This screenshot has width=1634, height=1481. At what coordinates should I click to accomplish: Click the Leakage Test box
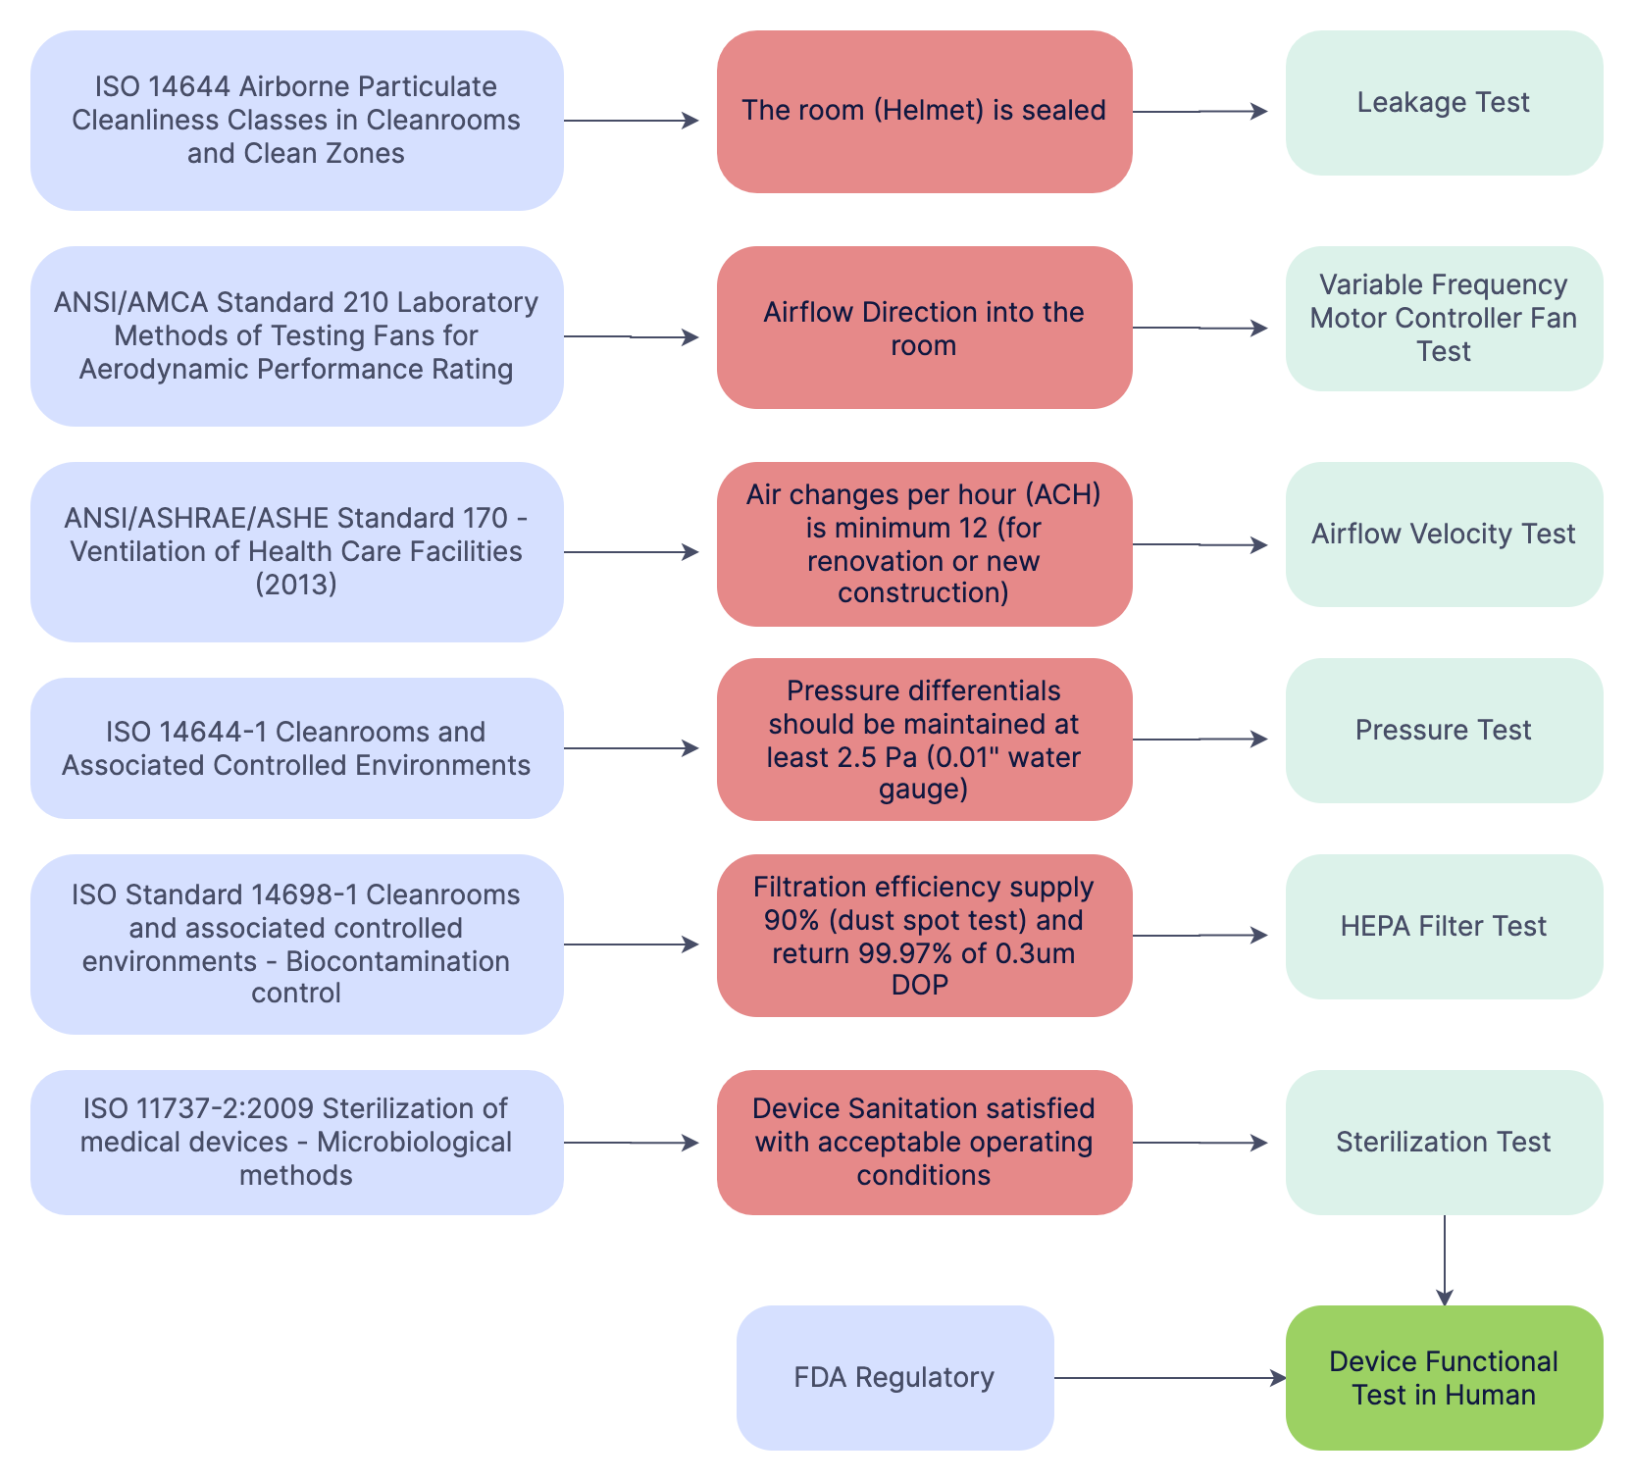1444,103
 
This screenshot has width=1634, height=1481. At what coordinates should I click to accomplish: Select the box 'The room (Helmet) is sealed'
924,112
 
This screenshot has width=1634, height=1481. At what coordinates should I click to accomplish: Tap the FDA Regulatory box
894,1378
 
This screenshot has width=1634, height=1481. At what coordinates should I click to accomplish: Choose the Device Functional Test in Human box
1444,1378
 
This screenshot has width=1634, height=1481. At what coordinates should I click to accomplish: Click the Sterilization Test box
1444,1143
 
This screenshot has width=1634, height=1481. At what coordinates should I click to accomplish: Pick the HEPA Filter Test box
1444,927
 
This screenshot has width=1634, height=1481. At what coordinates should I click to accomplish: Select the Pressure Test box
1444,731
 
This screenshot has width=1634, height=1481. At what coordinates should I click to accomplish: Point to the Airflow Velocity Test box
1444,535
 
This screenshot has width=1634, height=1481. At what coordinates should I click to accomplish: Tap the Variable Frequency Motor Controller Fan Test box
1444,319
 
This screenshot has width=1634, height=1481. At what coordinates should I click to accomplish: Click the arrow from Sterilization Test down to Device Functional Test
1445,1260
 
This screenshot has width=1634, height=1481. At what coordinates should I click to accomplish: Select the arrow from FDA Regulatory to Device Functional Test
1170,1378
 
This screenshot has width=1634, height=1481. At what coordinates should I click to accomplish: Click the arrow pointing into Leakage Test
1200,112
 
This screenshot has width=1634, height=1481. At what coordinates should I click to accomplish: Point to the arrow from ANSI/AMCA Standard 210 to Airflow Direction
632,336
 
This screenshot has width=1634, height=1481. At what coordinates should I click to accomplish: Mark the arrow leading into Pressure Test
1200,740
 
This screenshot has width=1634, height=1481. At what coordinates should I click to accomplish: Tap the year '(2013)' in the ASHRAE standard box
296,585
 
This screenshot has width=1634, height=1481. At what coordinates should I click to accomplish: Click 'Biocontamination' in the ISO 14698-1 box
397,961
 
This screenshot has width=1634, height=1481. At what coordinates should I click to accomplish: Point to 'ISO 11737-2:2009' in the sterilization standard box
198,1108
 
